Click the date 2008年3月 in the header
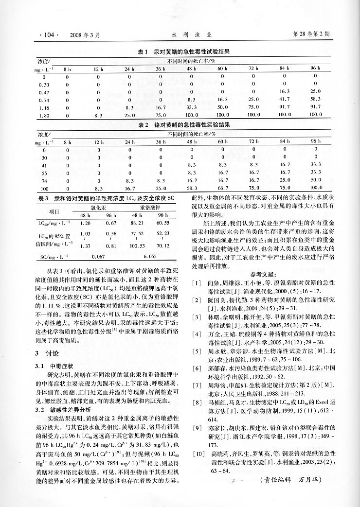tap(85, 35)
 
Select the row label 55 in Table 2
tap(45, 173)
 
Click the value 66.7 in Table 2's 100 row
tap(223, 188)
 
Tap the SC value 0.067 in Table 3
tap(98, 256)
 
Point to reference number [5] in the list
tap(196, 364)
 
